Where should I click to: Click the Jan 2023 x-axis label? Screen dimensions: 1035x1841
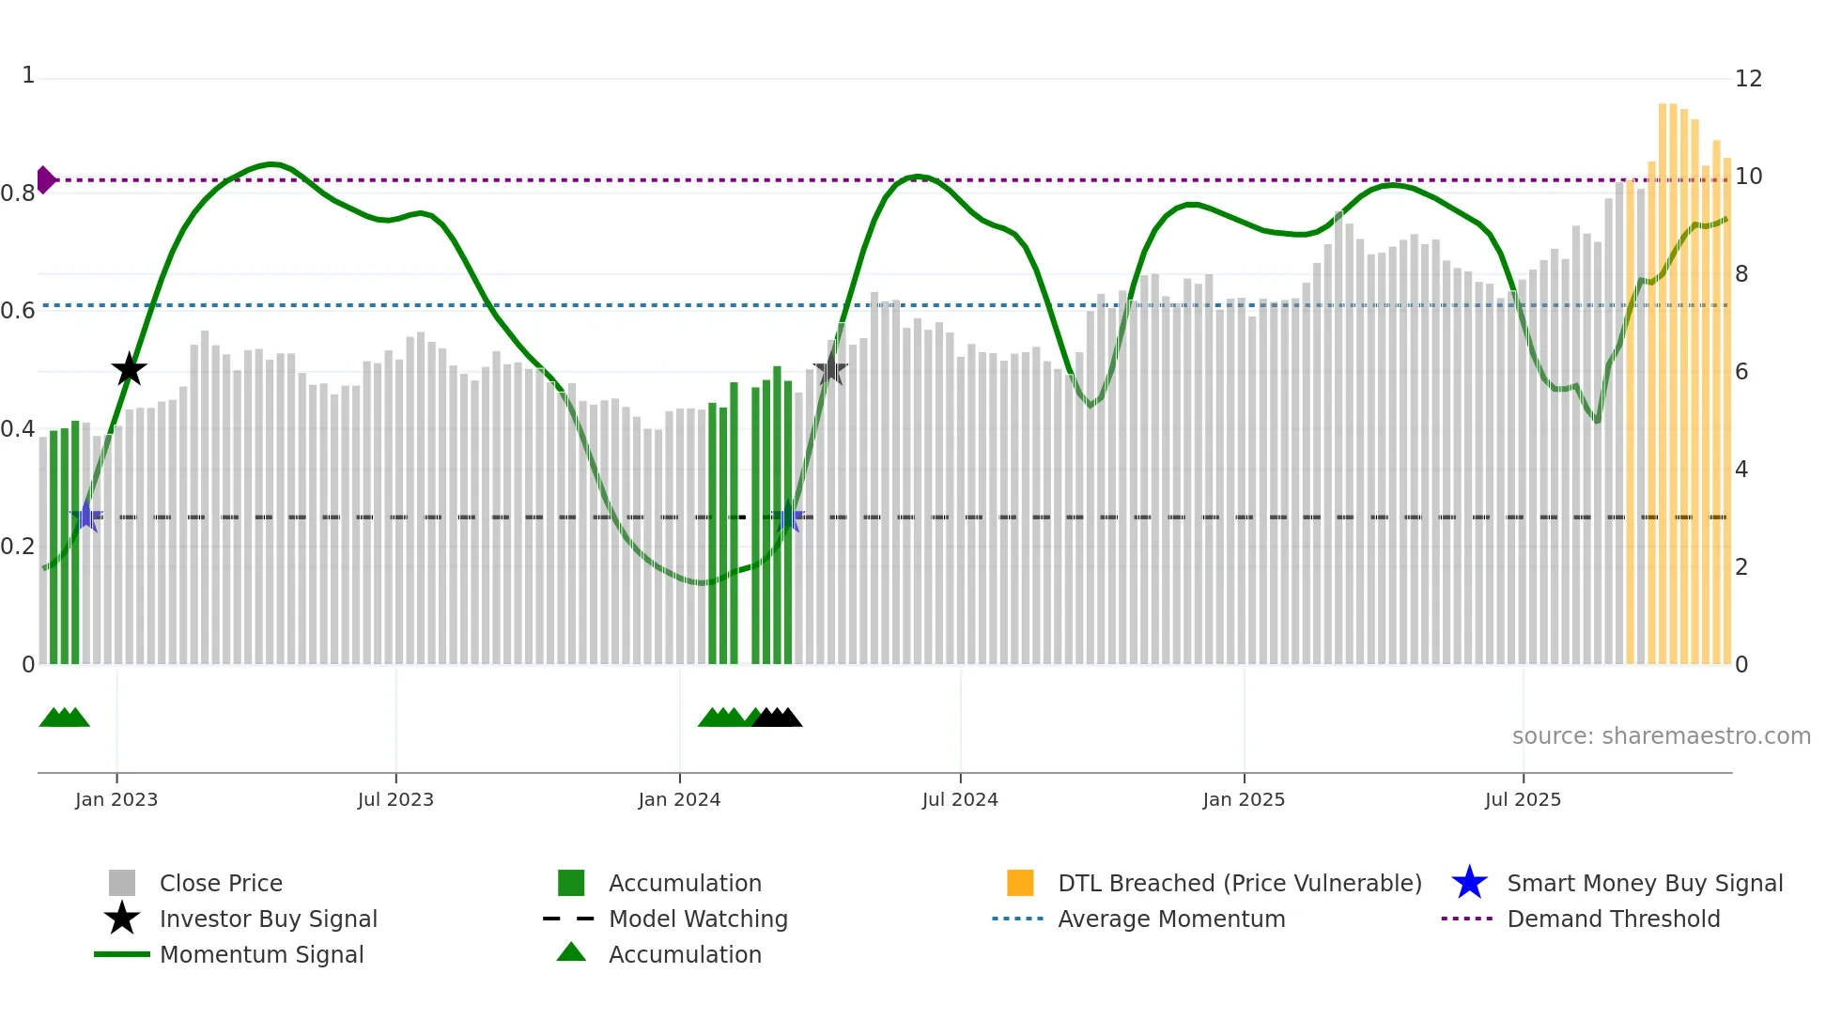116,800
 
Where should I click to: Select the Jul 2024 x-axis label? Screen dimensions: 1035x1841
960,800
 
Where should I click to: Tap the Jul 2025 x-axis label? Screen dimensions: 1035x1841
1523,800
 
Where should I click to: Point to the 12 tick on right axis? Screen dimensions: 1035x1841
1748,79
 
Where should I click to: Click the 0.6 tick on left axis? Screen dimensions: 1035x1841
18,311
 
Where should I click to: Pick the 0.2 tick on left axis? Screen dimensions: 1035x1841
18,547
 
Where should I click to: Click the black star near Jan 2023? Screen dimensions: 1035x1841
130,369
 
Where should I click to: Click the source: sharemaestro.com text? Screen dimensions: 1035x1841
1661,736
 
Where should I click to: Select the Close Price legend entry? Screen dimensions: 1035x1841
221,884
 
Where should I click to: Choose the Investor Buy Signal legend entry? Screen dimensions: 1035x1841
268,919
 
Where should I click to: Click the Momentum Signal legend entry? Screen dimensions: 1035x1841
261,955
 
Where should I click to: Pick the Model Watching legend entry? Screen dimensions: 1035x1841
698,919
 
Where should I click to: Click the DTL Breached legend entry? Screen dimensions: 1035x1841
1239,884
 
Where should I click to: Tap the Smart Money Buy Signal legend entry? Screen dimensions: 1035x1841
1645,884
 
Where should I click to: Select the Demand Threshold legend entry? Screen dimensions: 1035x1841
1613,919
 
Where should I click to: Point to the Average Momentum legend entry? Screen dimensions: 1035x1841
1171,919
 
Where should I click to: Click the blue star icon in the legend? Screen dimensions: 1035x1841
1469,883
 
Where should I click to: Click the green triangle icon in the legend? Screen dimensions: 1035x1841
571,952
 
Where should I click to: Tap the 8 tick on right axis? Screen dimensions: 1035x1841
1741,274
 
